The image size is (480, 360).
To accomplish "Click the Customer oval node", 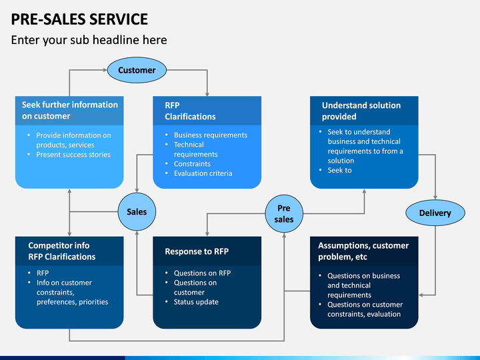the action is click(x=137, y=70).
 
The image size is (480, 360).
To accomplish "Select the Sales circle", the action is click(x=137, y=211).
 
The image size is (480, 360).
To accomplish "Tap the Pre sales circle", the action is click(x=284, y=214).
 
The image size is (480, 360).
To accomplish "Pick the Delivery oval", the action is click(x=435, y=213).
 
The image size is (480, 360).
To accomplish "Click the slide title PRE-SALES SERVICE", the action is click(x=79, y=19).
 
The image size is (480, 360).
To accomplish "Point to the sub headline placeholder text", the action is click(x=89, y=40).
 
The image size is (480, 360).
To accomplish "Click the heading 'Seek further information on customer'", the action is click(x=70, y=111).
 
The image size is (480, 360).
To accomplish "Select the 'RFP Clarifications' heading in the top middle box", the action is click(x=190, y=111).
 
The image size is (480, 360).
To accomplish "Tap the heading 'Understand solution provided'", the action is click(x=361, y=111).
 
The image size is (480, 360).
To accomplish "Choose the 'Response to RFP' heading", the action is click(x=197, y=251).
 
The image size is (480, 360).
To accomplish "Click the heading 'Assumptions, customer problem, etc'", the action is click(x=363, y=251).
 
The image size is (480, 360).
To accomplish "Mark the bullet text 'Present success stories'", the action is click(x=73, y=155).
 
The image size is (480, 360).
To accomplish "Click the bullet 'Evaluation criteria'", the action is click(x=203, y=173).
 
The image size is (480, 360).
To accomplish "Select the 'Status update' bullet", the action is click(x=196, y=302).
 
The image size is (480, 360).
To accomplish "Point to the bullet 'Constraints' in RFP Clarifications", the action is click(x=192, y=164).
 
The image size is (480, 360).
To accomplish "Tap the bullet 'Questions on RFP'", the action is click(x=203, y=273).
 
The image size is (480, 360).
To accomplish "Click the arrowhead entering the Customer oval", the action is click(x=105, y=70).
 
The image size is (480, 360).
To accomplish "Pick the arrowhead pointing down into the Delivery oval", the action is click(x=435, y=198).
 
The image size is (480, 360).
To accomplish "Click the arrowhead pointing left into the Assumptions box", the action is click(x=421, y=295).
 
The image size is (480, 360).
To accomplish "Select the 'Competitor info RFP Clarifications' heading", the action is click(x=62, y=251).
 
